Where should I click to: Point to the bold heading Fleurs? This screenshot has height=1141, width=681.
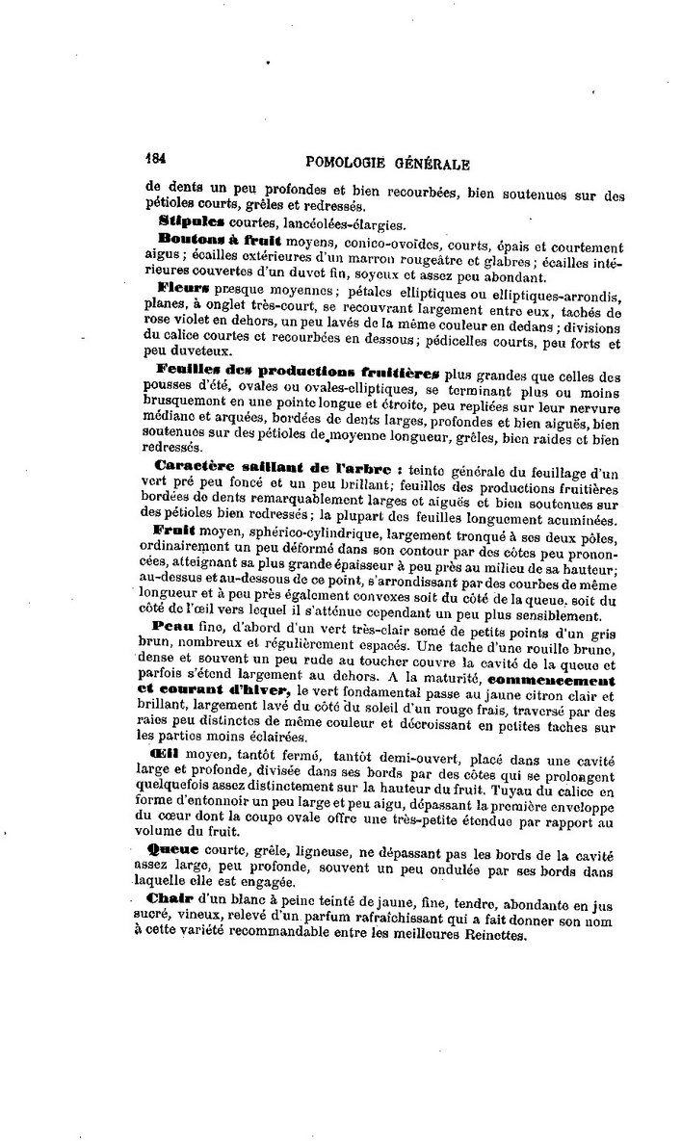point(182,289)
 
